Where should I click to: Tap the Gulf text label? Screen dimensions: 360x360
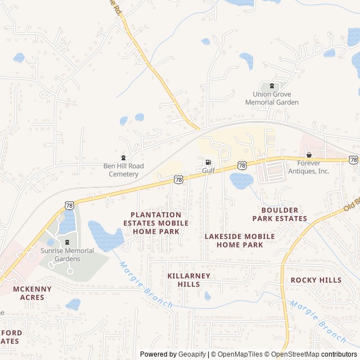point(209,170)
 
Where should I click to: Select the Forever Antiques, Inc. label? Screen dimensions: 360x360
point(308,167)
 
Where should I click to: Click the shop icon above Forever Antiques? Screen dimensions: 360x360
point(308,155)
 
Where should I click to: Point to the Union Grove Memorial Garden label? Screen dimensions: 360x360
point(272,98)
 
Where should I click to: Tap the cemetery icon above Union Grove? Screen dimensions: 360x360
point(272,86)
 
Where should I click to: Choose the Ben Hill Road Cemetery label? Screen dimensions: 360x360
point(124,170)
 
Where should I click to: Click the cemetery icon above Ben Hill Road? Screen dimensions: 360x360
point(124,157)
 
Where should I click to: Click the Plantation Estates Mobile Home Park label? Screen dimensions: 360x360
point(156,223)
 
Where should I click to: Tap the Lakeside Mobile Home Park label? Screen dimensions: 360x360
point(240,240)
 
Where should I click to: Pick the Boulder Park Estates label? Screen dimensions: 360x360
point(280,214)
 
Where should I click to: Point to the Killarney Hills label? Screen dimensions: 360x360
point(188,280)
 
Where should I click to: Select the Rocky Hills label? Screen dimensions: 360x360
point(316,280)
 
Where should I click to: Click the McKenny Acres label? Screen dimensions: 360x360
point(32,293)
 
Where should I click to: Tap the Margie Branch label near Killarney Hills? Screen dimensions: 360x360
point(146,286)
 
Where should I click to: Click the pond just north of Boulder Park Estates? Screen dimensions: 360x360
point(242,181)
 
